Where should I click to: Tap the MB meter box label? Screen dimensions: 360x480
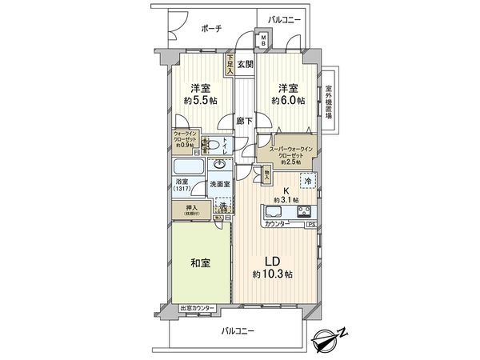(x=263, y=40)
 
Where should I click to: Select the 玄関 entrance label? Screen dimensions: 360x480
(x=245, y=64)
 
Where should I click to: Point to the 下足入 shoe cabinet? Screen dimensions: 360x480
(x=230, y=65)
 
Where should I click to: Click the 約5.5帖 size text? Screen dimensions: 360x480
(x=199, y=101)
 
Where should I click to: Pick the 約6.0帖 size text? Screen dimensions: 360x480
(x=287, y=101)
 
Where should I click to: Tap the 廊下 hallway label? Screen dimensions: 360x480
(x=244, y=121)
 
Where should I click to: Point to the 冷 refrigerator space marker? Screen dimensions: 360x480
(x=307, y=180)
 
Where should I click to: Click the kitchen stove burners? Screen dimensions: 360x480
(x=305, y=212)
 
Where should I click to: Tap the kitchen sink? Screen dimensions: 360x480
(x=271, y=213)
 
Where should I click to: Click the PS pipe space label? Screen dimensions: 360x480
(x=310, y=225)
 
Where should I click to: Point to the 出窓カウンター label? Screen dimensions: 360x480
(x=195, y=308)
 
